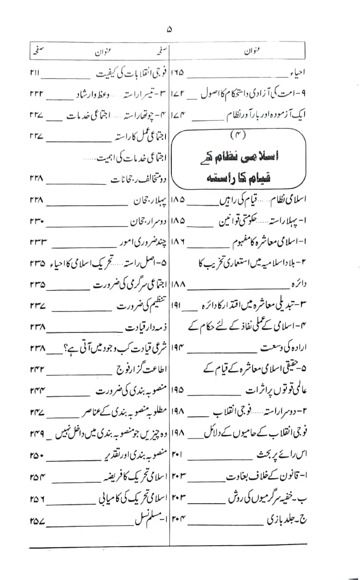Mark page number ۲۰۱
coord(178,455)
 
